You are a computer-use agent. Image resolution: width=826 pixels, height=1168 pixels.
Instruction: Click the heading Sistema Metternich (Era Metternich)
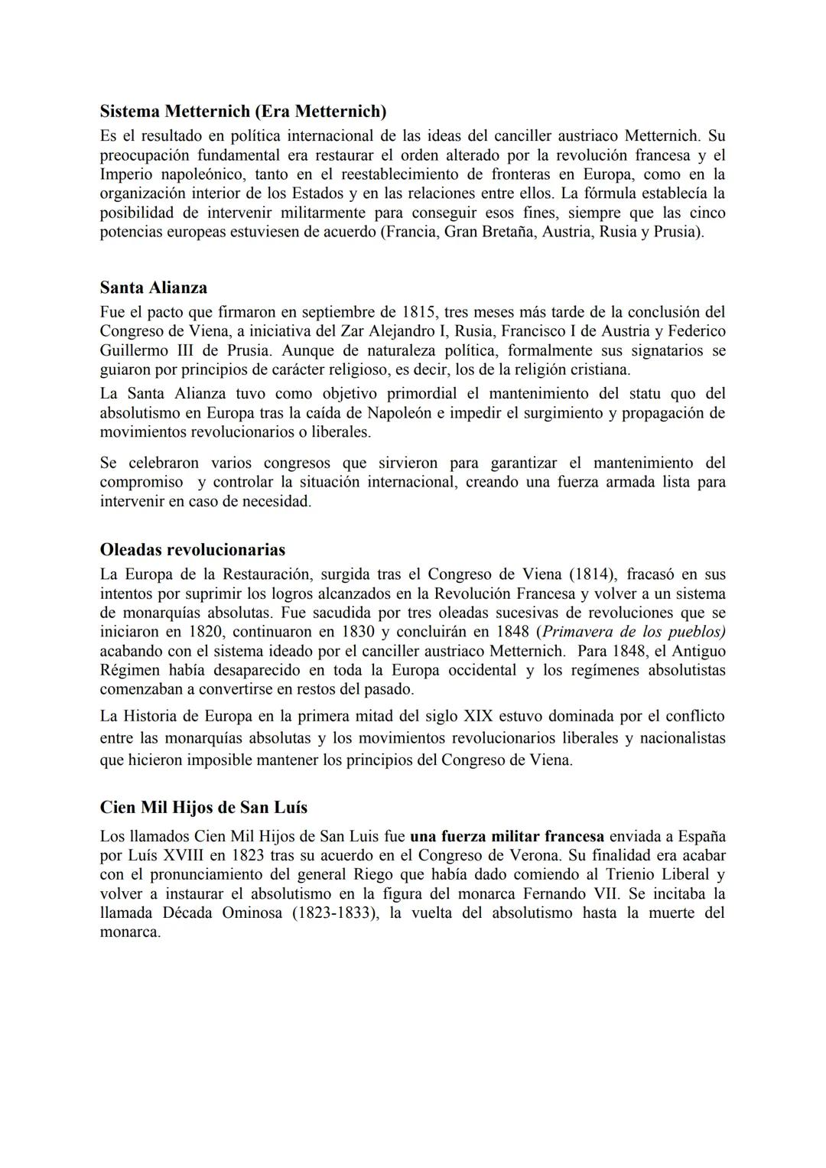tap(243, 112)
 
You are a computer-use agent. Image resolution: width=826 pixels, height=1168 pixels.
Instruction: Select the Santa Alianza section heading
tap(153, 288)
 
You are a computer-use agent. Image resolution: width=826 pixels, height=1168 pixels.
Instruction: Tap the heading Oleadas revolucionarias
tap(192, 550)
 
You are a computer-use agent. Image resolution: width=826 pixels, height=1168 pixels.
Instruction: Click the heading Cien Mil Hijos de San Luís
tap(203, 808)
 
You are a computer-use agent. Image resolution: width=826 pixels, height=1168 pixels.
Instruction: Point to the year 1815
tap(419, 312)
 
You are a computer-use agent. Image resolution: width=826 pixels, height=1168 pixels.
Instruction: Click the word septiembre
tap(339, 312)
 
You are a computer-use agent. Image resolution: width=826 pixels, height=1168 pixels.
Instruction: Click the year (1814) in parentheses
tap(600, 574)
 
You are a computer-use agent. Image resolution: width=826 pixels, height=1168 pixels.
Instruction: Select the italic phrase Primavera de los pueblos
tap(633, 632)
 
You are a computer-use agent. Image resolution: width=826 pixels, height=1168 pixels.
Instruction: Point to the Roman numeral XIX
tap(481, 717)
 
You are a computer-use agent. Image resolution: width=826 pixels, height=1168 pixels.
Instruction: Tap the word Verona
tap(535, 855)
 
